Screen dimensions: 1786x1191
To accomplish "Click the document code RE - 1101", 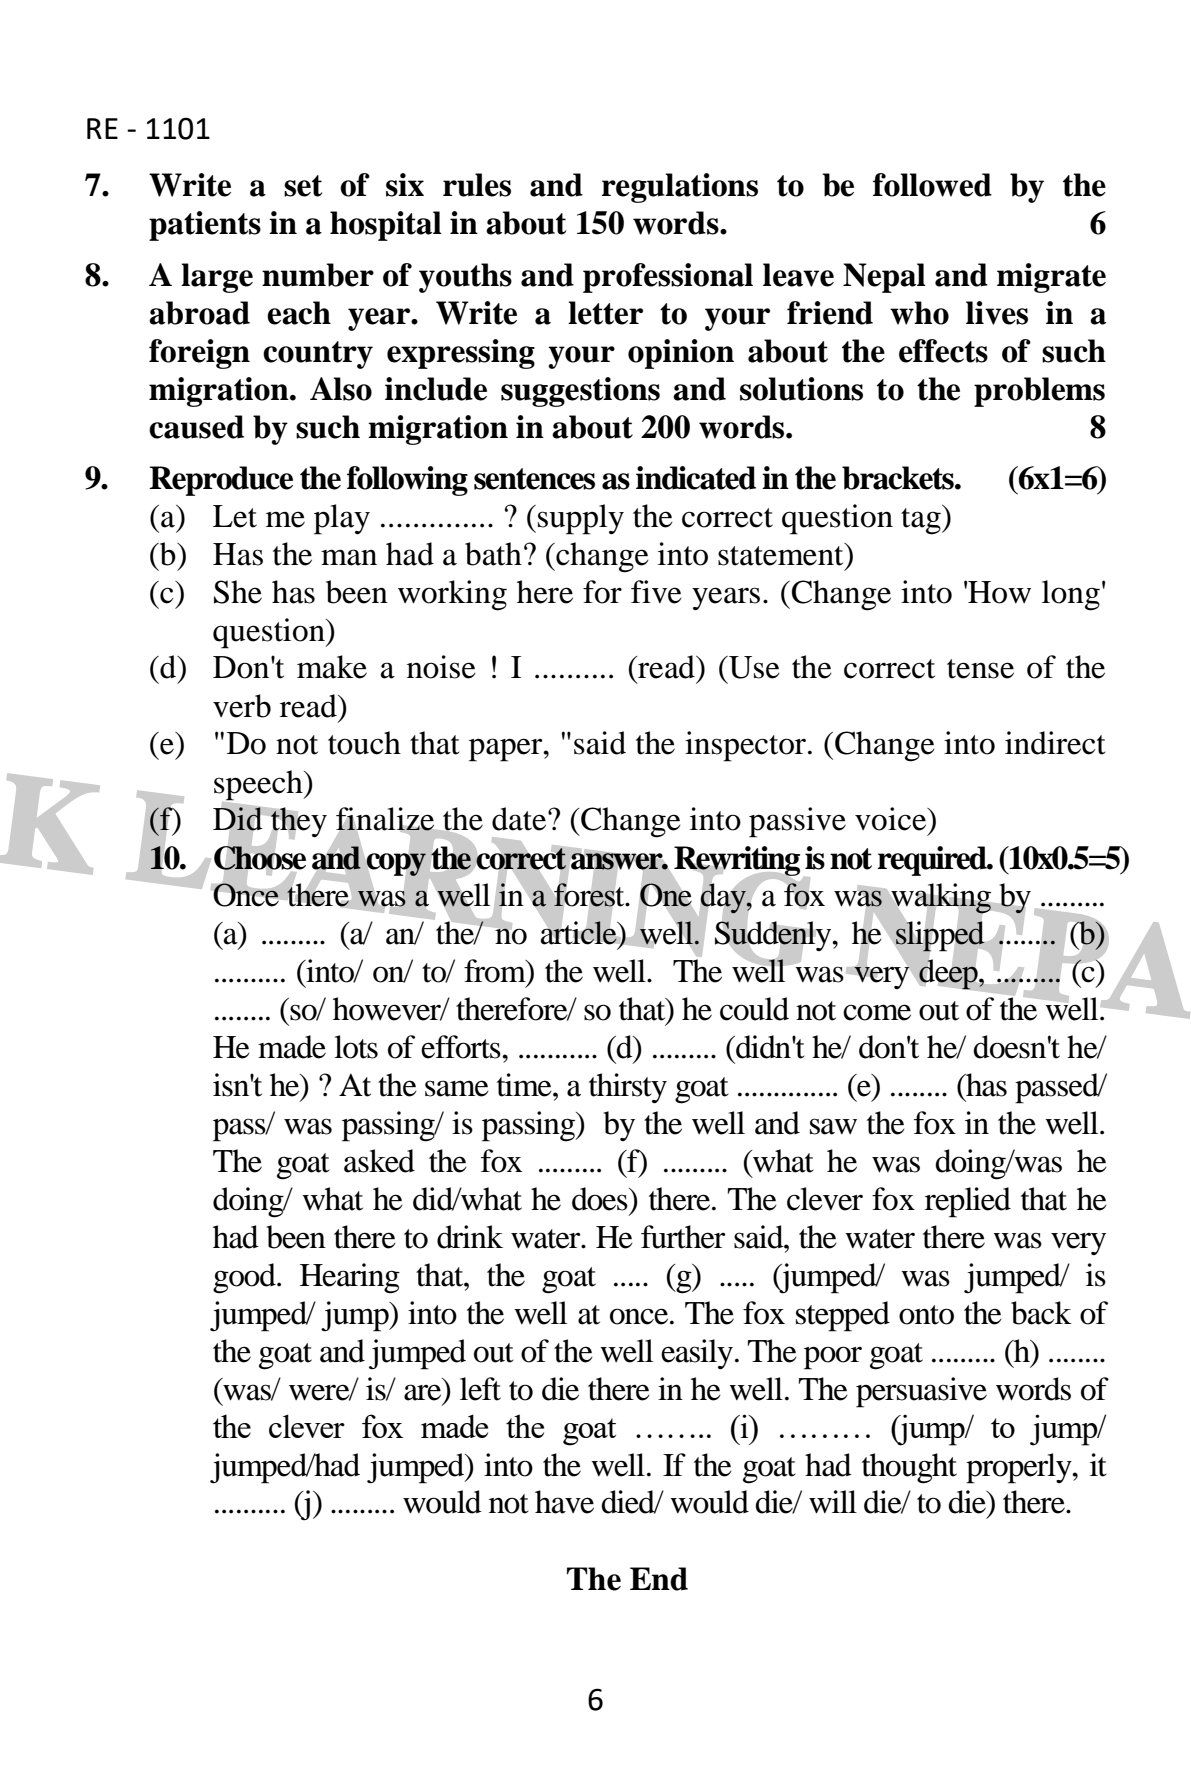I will [x=147, y=129].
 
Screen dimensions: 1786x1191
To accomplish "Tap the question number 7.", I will [x=96, y=186].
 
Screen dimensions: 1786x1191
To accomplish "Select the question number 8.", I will [x=96, y=275].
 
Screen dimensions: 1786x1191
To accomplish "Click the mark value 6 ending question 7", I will [x=1097, y=224].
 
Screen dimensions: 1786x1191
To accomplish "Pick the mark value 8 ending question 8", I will [x=1097, y=428].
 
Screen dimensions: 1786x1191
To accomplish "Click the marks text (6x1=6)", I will [x=1057, y=479].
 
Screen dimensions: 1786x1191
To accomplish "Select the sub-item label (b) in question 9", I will [x=167, y=556].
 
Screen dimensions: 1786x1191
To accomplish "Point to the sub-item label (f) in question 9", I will [x=166, y=821].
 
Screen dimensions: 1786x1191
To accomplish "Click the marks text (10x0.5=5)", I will [x=1056, y=859].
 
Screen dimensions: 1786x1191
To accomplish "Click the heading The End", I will [x=627, y=1580].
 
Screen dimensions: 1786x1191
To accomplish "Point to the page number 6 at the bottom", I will [x=596, y=1700].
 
